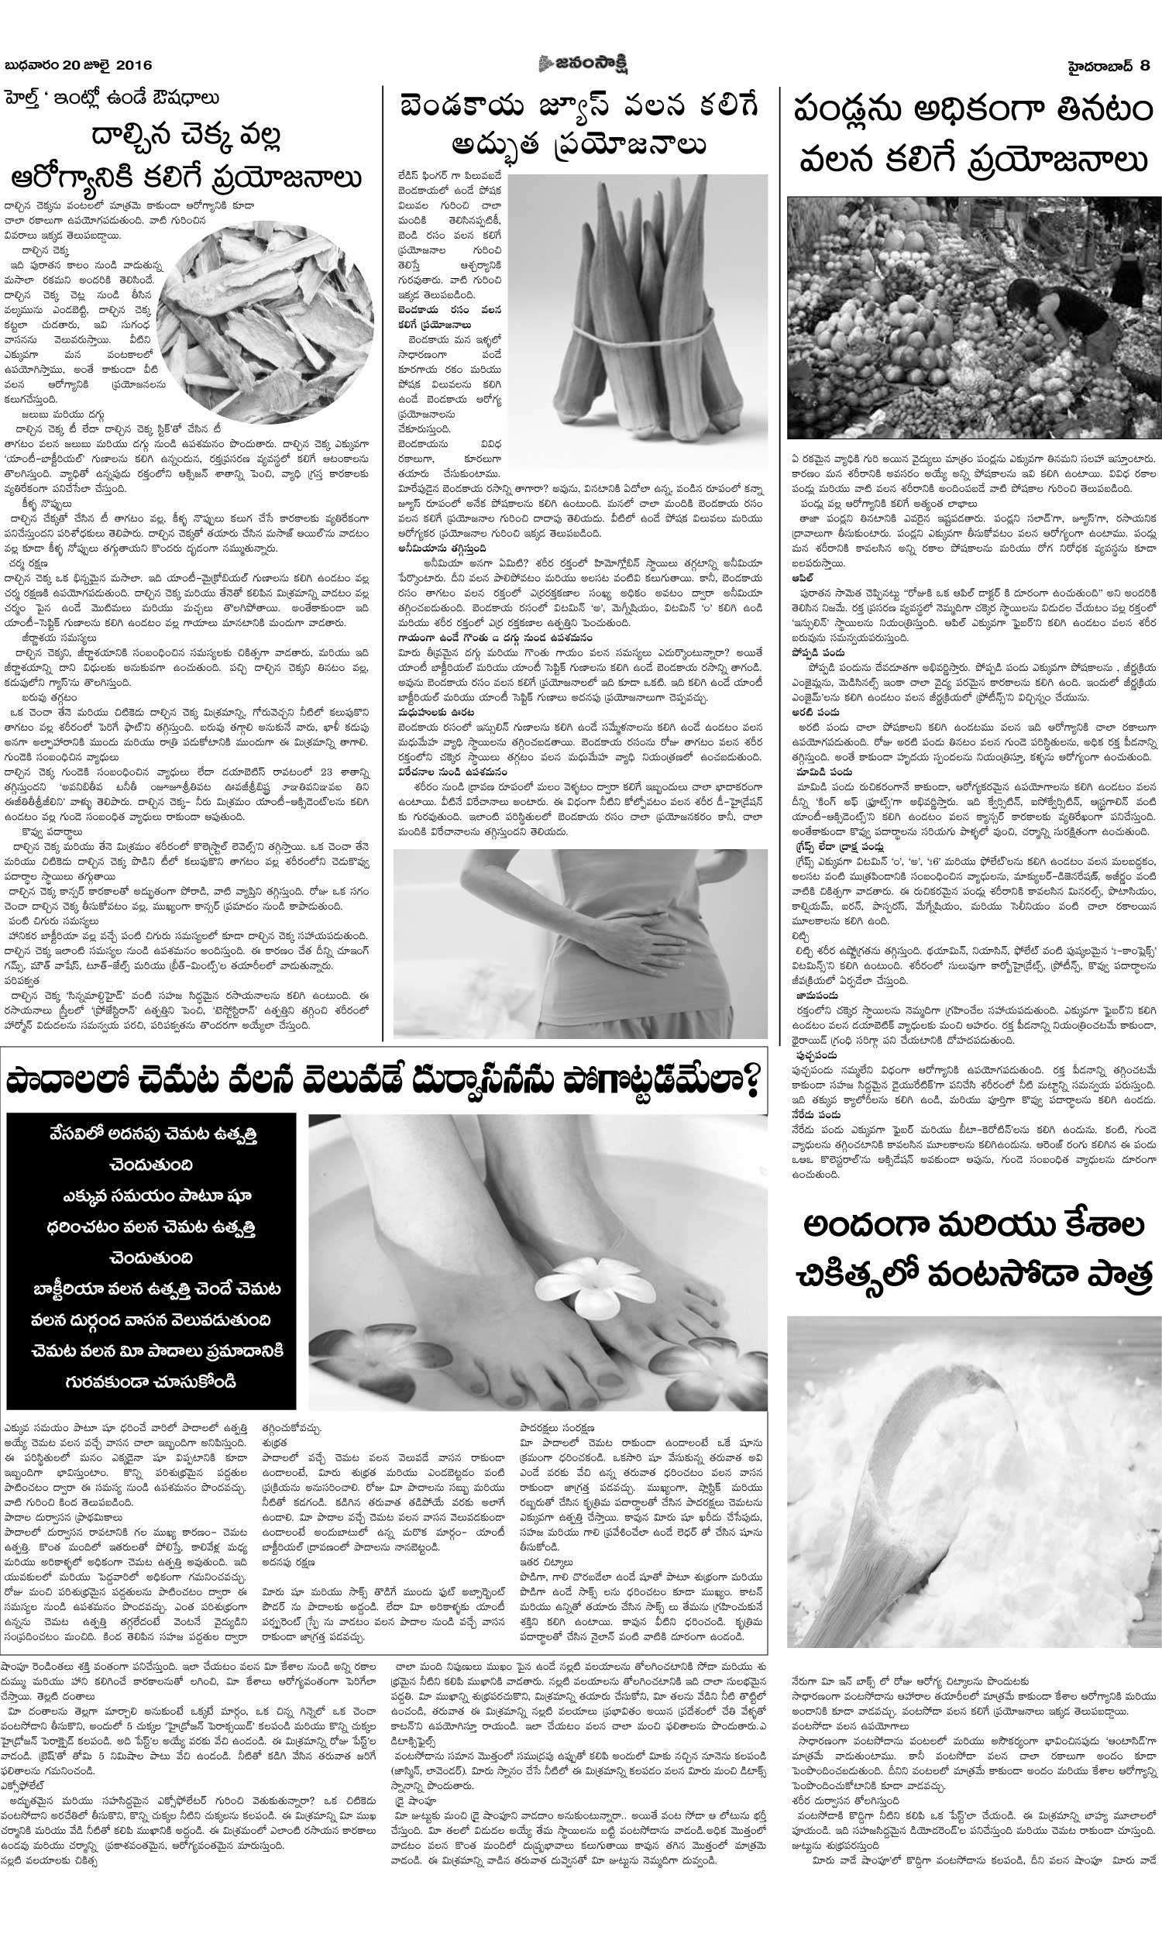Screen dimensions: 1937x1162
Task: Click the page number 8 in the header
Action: click(1145, 66)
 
